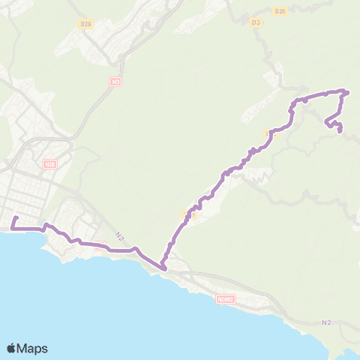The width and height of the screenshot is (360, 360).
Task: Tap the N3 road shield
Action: (x=115, y=81)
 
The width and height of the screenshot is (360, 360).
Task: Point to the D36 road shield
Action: (x=280, y=10)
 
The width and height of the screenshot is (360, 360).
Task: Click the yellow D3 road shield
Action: (x=256, y=22)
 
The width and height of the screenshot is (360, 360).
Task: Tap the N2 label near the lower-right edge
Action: (x=325, y=322)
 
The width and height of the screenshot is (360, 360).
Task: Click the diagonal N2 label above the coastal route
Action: (x=119, y=236)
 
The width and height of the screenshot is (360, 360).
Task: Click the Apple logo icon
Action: (x=12, y=348)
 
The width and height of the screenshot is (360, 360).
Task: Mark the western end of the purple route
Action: (x=13, y=219)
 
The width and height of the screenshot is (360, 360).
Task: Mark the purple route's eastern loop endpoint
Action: (x=340, y=132)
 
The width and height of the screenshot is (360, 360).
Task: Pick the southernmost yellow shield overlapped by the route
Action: (x=187, y=216)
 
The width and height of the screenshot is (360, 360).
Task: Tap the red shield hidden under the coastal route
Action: (x=100, y=244)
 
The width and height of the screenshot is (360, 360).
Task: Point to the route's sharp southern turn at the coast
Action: (x=164, y=265)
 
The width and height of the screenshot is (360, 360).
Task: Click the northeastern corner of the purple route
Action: (x=347, y=91)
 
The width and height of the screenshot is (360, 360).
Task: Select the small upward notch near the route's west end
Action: (x=46, y=224)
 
